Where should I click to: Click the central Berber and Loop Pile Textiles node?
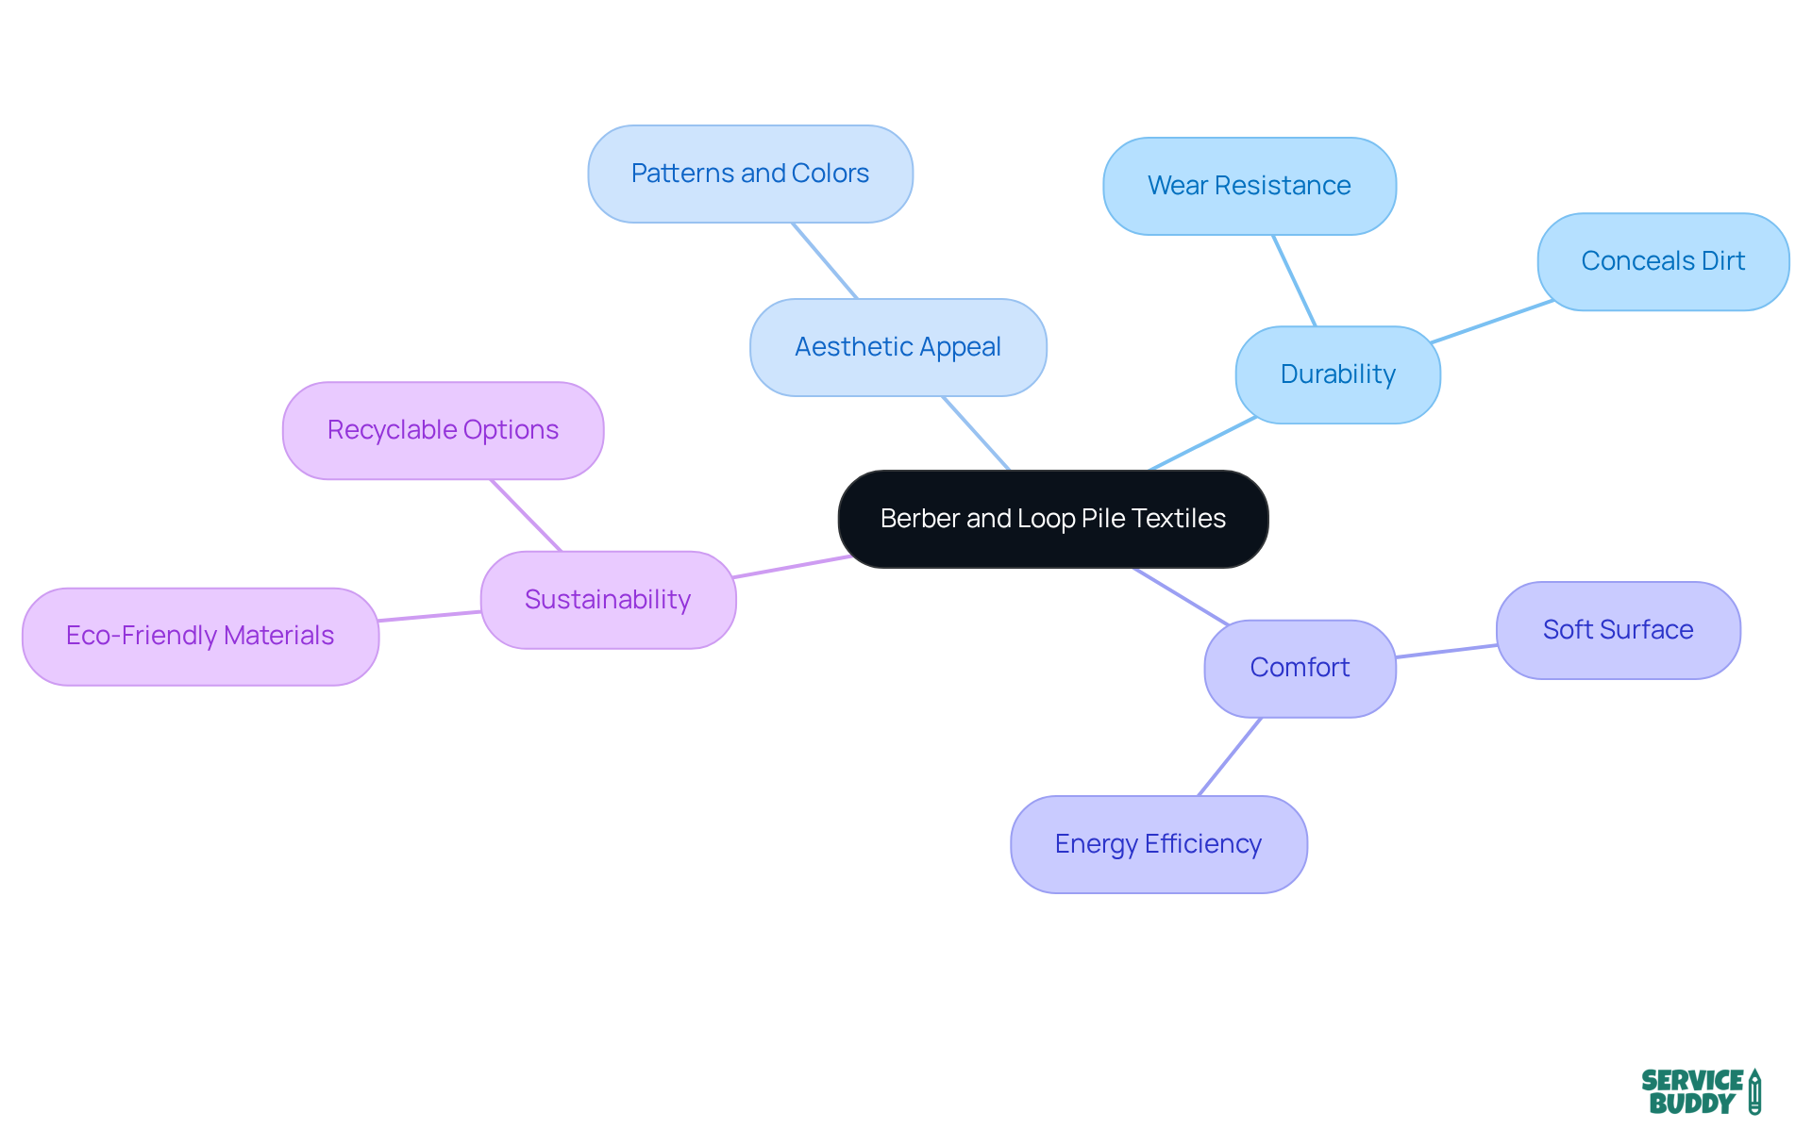[1052, 519]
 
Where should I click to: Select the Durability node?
[1337, 374]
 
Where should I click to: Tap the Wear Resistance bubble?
[1249, 186]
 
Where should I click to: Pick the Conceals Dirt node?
[1662, 261]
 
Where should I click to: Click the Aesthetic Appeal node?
[898, 347]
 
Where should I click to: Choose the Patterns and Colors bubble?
[749, 174]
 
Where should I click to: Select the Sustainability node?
[608, 600]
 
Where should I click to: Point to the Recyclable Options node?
[443, 430]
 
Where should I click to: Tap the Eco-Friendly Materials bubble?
[200, 636]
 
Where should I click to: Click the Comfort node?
[1300, 668]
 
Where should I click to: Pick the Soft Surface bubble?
[1618, 630]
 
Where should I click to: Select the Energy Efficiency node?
[1158, 844]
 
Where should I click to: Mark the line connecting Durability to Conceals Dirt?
[1491, 322]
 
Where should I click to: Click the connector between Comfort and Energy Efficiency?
[1230, 756]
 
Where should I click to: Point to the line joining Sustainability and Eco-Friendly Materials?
[429, 616]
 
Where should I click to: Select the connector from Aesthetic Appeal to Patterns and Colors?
[824, 260]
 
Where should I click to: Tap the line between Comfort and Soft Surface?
[1446, 651]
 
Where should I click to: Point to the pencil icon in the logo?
[1754, 1091]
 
